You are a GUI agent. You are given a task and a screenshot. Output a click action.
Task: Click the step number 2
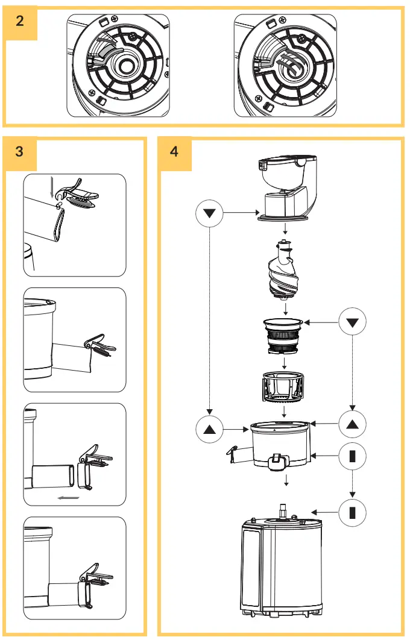coord(20,20)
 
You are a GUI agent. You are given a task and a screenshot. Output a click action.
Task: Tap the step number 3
coord(20,151)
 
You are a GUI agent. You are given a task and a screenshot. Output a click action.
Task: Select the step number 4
coord(174,151)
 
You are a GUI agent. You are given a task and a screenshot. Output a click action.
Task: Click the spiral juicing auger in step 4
coord(284,271)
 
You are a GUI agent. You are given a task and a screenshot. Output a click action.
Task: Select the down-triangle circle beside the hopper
coord(210,213)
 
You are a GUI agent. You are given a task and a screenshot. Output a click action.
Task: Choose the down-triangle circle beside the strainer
coord(353,322)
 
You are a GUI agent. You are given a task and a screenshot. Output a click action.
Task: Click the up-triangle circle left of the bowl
coord(210,430)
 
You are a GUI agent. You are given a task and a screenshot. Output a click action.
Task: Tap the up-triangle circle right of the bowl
coord(353,424)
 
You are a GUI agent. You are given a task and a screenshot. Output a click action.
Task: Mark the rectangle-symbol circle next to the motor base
coord(353,513)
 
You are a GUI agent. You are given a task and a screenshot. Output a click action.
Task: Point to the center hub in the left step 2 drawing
coord(127,65)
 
